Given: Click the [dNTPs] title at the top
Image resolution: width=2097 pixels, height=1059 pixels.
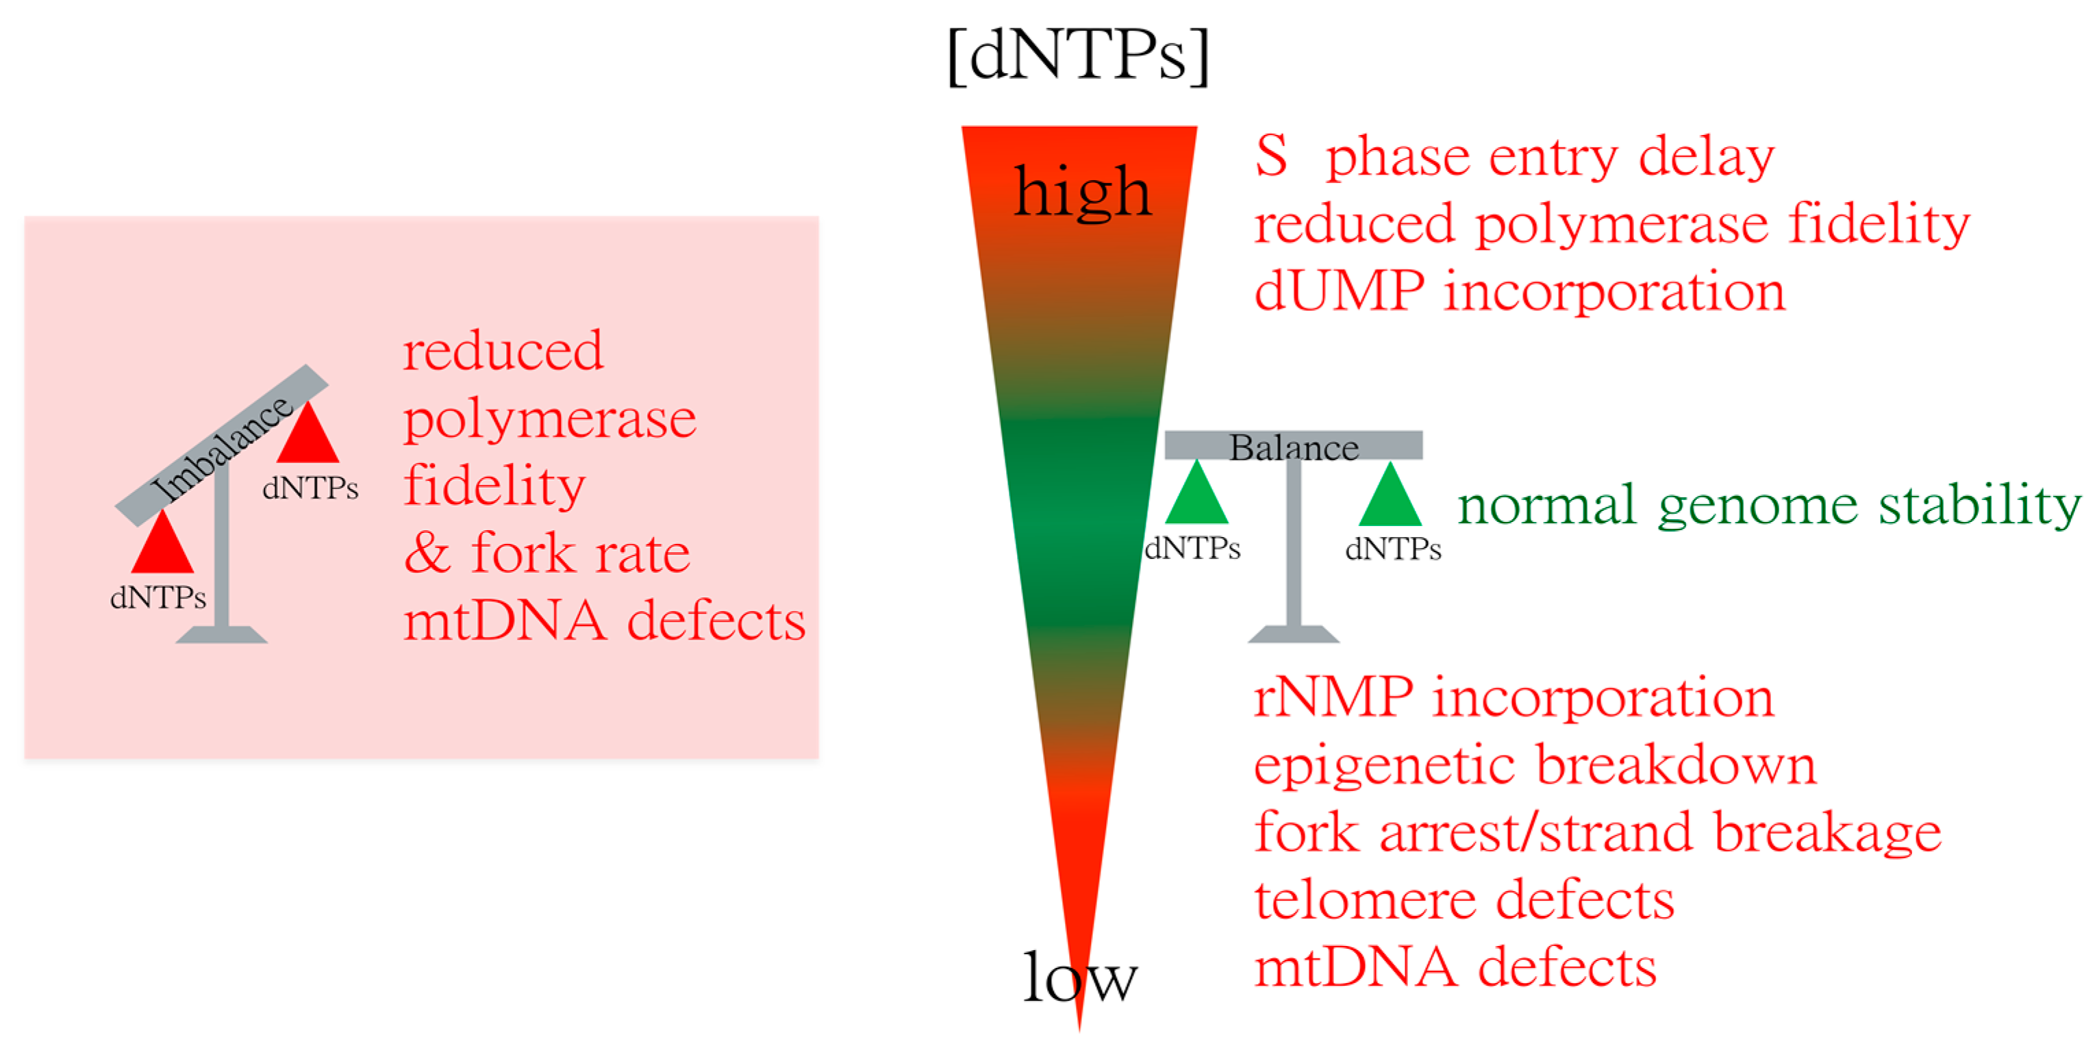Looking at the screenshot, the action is click(1079, 56).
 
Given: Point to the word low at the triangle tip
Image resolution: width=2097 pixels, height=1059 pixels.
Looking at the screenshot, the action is click(1079, 977).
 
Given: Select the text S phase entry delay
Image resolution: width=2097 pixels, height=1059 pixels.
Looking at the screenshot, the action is click(1514, 156).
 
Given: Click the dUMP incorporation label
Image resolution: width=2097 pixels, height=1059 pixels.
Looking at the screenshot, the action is click(1519, 291).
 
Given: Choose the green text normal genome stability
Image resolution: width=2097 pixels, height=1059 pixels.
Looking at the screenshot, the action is click(1769, 505).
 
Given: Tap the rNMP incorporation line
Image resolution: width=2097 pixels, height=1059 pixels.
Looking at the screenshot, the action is click(1514, 697).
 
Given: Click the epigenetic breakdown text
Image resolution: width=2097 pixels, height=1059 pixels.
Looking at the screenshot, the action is click(1535, 765).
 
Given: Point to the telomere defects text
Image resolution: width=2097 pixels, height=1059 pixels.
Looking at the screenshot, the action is click(1464, 900).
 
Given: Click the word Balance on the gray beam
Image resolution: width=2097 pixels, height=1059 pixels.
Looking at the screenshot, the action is click(1294, 447).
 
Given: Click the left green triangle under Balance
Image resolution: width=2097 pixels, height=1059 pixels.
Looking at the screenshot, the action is click(1196, 495).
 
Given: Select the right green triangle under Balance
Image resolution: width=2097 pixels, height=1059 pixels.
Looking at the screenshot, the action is click(1390, 497).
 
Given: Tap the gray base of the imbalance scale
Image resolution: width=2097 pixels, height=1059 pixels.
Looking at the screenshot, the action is click(221, 634).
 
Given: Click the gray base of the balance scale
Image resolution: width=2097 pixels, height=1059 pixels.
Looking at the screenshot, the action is click(1293, 634).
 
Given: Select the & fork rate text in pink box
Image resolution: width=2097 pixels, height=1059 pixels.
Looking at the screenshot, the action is click(547, 553).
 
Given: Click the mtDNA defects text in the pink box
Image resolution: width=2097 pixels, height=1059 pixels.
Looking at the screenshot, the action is click(604, 621).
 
